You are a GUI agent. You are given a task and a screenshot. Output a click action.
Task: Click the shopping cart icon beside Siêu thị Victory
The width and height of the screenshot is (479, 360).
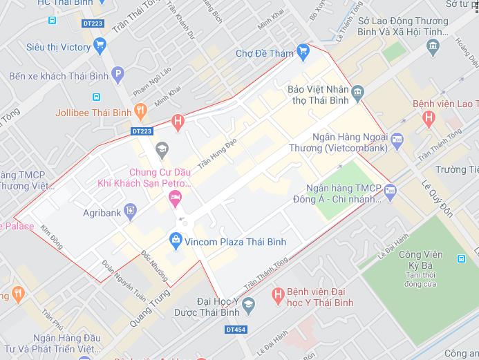click(100, 47)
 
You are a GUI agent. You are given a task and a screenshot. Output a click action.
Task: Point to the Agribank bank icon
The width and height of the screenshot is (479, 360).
click(130, 211)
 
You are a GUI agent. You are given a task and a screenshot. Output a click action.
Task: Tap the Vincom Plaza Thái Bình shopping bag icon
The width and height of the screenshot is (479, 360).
click(176, 240)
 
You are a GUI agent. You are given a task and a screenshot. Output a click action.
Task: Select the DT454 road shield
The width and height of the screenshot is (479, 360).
click(236, 331)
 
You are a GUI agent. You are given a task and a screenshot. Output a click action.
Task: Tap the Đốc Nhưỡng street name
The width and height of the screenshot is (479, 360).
click(154, 265)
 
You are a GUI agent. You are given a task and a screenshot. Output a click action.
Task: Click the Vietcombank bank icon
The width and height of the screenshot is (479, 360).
click(397, 141)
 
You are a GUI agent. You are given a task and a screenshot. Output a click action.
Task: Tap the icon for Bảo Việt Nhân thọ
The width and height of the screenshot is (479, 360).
click(357, 91)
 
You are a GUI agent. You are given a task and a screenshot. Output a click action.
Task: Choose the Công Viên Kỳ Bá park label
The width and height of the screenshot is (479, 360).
click(420, 260)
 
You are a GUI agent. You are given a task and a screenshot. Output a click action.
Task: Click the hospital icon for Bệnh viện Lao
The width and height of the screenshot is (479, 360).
click(429, 118)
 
